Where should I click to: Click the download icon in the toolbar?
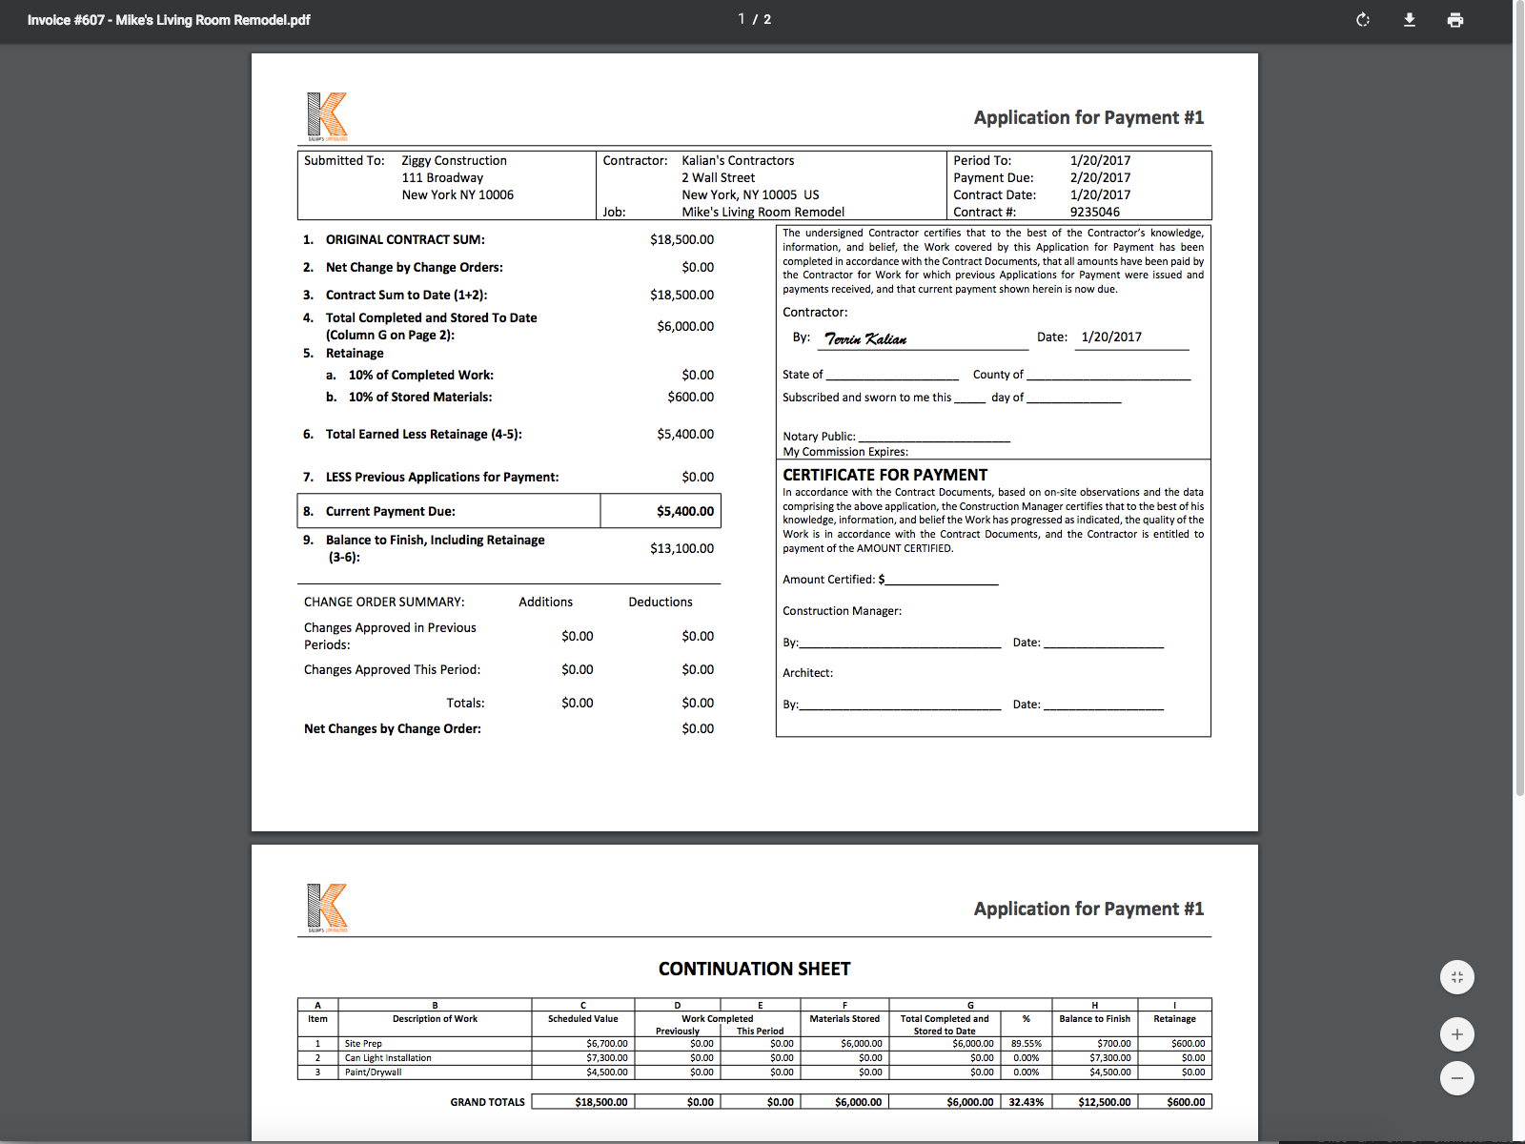pos(1409,20)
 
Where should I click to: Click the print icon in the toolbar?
pos(1454,20)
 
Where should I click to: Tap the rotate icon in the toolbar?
pos(1363,20)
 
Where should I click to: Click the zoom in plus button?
pos(1456,1034)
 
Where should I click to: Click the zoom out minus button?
pos(1456,1078)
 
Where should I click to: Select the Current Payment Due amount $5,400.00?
pos(684,512)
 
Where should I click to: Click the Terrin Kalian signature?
pos(865,338)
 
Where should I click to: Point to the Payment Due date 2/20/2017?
pos(1100,178)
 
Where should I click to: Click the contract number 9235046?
pos(1094,213)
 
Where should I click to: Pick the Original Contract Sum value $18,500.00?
pos(681,240)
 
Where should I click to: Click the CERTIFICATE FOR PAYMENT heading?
pos(884,475)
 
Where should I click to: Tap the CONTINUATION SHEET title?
pos(754,970)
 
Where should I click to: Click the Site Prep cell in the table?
pos(363,1044)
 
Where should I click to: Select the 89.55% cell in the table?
pos(1026,1044)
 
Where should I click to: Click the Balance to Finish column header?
pos(1094,1019)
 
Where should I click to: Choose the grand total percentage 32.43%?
pos(1026,1102)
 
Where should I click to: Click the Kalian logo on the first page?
pos(327,115)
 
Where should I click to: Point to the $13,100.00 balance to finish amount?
pos(681,549)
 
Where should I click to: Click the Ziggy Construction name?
pos(454,161)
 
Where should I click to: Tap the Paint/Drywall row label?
pos(373,1072)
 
